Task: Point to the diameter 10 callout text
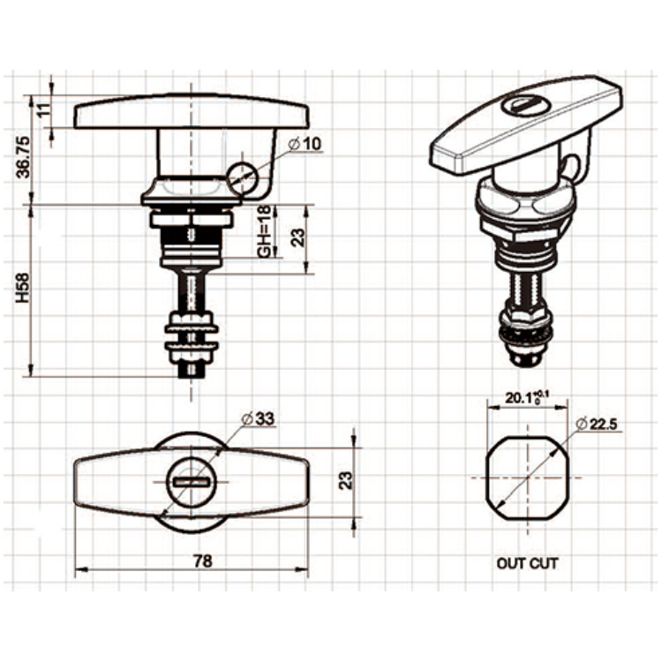click(305, 144)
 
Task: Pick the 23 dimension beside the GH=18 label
click(297, 236)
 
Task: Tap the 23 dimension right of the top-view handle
click(346, 478)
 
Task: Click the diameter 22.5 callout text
click(598, 425)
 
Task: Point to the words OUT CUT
click(527, 562)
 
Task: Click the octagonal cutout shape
click(527, 478)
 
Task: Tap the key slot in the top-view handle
click(190, 482)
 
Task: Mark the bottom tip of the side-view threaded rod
click(190, 373)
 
